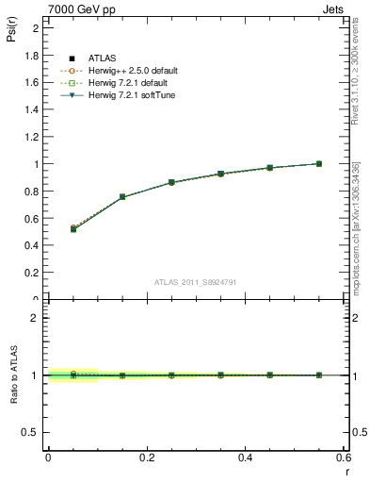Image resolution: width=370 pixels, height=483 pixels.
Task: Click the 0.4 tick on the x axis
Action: pos(245,458)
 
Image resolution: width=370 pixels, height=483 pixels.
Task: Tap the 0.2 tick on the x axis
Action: pos(146,458)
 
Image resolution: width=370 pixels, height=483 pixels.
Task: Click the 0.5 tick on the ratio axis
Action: pos(32,432)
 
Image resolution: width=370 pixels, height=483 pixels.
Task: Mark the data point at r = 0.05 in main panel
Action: pos(73,228)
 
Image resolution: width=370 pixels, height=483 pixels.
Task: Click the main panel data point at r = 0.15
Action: pos(122,197)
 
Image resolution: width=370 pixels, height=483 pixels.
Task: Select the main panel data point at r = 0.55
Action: pos(319,163)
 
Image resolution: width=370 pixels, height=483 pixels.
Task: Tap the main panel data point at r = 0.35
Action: pos(220,174)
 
